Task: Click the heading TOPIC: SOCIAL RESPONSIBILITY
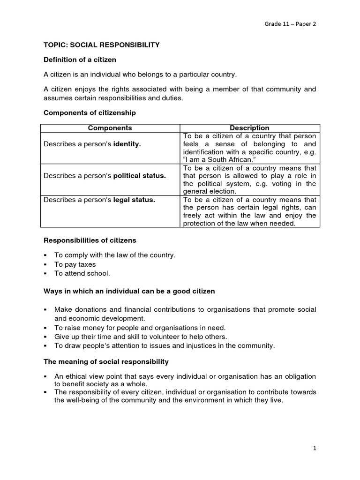[x=102, y=45]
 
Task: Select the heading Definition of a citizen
[x=80, y=60]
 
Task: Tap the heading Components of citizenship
[x=90, y=112]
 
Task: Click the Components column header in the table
[x=110, y=128]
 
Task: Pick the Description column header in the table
[x=249, y=128]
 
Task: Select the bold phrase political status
[x=140, y=175]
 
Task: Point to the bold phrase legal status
[x=134, y=200]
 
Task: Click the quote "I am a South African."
[x=215, y=159]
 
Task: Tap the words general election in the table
[x=209, y=191]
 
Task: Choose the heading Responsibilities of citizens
[x=90, y=240]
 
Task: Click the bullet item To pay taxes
[x=75, y=264]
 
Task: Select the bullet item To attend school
[x=82, y=273]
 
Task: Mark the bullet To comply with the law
[x=115, y=255]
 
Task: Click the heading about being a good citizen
[x=129, y=291]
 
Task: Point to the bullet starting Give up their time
[x=141, y=337]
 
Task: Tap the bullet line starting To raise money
[x=140, y=328]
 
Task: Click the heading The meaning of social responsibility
[x=106, y=361]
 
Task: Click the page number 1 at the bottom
[x=315, y=448]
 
